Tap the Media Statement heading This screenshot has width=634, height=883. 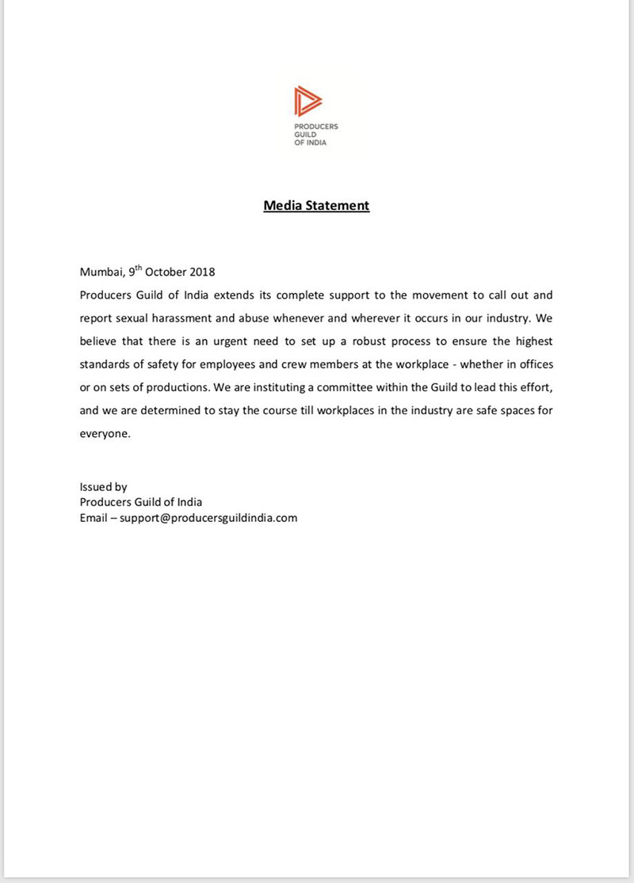(x=316, y=206)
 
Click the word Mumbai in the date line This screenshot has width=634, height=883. (x=101, y=272)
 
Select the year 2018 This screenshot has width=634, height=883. (x=201, y=272)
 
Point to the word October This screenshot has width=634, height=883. (x=165, y=272)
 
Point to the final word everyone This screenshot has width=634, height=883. (x=105, y=435)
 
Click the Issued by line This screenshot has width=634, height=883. (x=103, y=487)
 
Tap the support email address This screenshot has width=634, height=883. (x=208, y=518)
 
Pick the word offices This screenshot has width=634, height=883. (x=533, y=365)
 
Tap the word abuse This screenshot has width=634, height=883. (x=274, y=318)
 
